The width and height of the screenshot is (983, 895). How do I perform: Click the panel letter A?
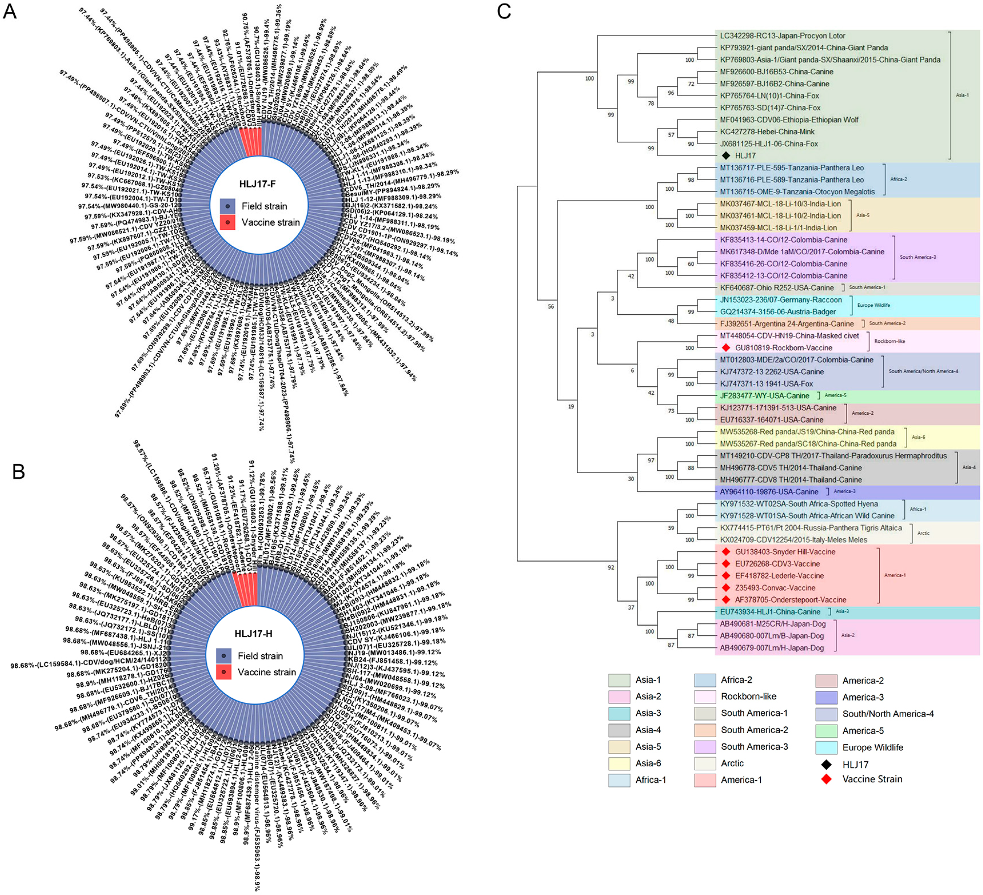10,11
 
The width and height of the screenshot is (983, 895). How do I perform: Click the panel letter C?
504,11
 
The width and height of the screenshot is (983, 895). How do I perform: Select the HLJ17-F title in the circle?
257,184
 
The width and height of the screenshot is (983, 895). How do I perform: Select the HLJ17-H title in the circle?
254,634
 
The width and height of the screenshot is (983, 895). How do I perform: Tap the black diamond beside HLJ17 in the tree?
726,155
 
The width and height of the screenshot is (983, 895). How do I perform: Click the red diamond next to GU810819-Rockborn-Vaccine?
726,347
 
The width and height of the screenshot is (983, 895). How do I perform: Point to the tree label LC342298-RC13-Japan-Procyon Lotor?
782,36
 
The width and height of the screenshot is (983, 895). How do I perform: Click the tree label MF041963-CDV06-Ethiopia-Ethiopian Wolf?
789,119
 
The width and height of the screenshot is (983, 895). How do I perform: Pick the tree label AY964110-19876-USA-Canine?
769,491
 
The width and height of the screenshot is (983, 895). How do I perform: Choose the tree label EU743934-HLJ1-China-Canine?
770,611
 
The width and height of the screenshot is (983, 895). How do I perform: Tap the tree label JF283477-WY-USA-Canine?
764,396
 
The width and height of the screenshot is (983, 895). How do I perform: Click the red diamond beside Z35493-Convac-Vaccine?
726,587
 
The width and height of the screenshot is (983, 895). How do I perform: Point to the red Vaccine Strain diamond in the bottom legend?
826,779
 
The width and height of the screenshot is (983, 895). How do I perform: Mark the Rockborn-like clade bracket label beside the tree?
889,341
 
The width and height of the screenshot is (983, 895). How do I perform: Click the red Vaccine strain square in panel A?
227,222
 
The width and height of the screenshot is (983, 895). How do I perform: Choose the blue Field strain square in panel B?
224,656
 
